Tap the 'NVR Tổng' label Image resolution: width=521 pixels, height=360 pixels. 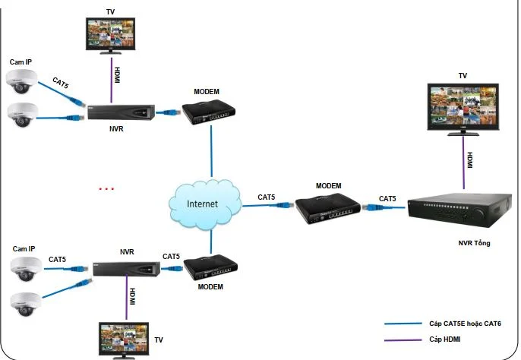tap(474, 243)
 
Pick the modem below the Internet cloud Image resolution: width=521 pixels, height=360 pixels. tap(210, 267)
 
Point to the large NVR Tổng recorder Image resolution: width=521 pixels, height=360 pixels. tap(460, 210)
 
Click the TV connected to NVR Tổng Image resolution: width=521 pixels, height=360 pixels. tap(463, 109)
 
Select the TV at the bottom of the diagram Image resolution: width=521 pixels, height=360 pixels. tap(124, 340)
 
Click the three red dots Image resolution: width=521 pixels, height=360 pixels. tap(106, 189)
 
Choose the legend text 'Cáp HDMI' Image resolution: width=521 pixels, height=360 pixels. tap(444, 339)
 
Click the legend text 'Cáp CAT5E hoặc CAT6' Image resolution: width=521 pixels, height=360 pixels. tap(465, 324)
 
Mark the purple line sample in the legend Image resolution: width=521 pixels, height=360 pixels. tap(403, 340)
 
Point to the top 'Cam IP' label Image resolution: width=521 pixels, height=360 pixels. tap(21, 62)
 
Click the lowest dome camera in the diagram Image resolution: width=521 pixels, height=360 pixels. tap(26, 304)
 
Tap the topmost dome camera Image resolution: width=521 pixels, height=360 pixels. tap(21, 81)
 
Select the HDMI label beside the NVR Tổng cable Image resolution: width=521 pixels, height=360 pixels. tap(470, 160)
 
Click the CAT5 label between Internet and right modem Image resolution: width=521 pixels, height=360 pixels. tap(266, 197)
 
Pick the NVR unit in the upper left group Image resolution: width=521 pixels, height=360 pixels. tap(121, 112)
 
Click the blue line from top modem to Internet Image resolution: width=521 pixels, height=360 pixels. tap(211, 151)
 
